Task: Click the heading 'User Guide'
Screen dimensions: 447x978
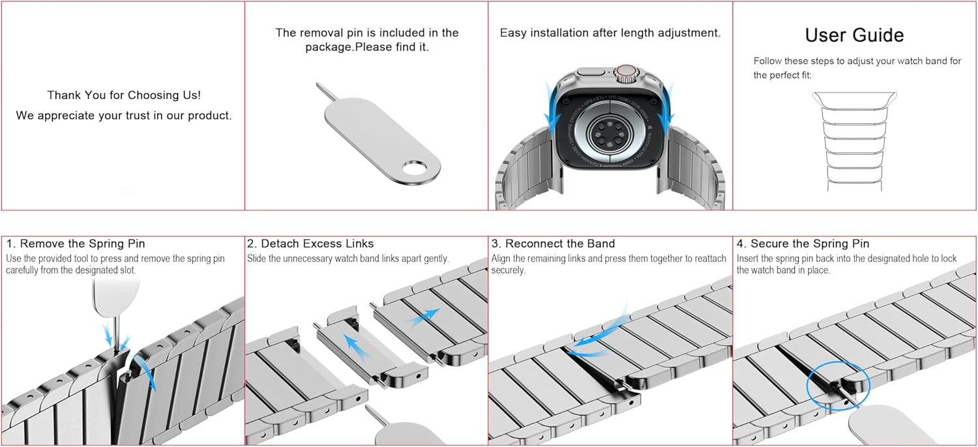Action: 854,35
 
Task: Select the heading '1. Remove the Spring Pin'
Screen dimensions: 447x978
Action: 76,244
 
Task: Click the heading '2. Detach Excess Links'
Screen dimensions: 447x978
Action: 310,244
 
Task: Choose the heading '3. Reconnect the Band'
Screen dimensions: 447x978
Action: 554,244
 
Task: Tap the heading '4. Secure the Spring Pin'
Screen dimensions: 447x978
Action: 803,244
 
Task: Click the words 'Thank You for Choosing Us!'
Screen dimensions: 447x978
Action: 124,95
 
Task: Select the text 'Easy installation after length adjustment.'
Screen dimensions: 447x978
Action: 610,33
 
